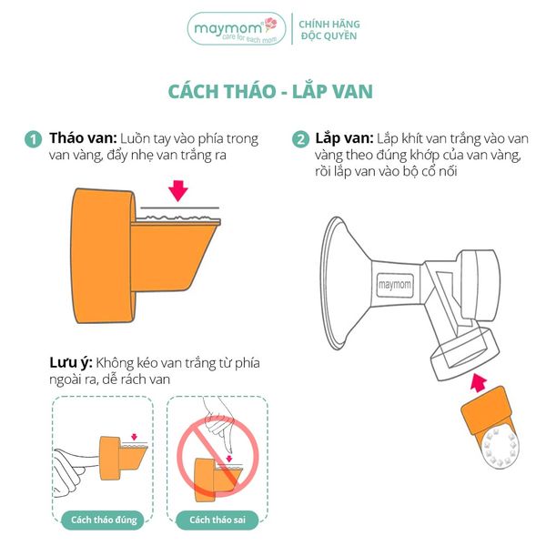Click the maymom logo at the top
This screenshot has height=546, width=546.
coord(237,28)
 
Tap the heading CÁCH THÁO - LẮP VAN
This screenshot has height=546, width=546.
coord(270,91)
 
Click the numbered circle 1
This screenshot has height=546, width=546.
coord(33,139)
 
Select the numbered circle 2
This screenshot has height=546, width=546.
coord(300,139)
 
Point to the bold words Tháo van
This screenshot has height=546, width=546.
coord(83,138)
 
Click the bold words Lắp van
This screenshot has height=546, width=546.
coord(344,138)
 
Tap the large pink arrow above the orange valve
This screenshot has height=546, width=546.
coord(178,191)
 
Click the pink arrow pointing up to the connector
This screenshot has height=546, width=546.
coord(479,382)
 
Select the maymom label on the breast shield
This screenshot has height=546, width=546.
coord(394,285)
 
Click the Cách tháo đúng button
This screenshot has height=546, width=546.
coord(104,520)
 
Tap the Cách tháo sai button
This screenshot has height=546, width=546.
coord(217,520)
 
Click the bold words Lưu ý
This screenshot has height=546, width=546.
coord(71,363)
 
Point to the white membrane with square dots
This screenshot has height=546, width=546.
coord(500,448)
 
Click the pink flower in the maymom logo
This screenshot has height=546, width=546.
coord(271,25)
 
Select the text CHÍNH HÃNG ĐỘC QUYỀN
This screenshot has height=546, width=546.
coord(329,30)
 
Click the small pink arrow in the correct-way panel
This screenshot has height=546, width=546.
coord(135,437)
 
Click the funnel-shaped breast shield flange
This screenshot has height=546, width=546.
coord(345,283)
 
